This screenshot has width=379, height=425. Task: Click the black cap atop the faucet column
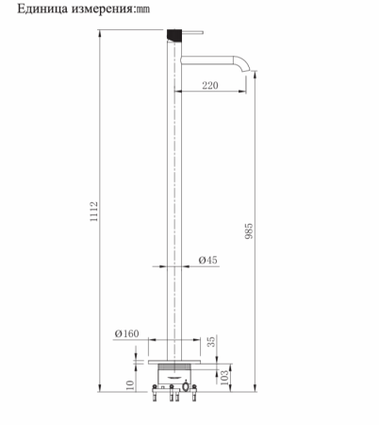coord(173,33)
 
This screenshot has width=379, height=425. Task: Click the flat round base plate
coord(173,359)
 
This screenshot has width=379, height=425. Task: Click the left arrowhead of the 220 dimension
coord(180,92)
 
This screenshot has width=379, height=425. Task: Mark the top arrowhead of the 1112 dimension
coord(102,30)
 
